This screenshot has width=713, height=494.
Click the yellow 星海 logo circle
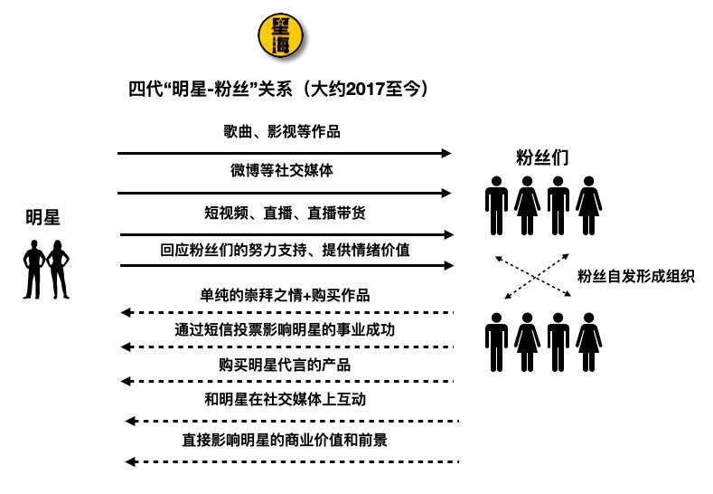click(280, 35)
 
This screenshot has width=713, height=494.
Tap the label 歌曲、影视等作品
click(282, 131)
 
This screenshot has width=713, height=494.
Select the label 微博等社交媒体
click(282, 170)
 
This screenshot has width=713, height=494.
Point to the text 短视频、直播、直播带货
click(285, 213)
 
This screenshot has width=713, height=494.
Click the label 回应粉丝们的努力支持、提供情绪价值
click(285, 250)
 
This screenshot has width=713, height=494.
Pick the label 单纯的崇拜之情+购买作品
click(285, 296)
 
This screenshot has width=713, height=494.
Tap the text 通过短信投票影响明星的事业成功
click(285, 329)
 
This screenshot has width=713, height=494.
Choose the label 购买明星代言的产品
click(285, 365)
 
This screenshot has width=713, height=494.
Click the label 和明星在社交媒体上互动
click(285, 399)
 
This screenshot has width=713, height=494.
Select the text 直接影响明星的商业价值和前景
click(285, 440)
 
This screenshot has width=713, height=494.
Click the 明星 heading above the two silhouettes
click(42, 217)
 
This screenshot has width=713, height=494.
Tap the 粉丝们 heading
click(542, 157)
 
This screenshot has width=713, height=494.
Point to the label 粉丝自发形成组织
click(636, 276)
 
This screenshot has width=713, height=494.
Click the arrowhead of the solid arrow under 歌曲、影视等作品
click(446, 154)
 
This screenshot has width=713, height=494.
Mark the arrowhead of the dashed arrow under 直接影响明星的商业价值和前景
click(130, 462)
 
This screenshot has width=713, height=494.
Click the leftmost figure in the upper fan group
click(496, 205)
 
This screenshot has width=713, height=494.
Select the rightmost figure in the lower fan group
click(589, 342)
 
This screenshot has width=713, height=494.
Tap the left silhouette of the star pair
click(33, 270)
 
